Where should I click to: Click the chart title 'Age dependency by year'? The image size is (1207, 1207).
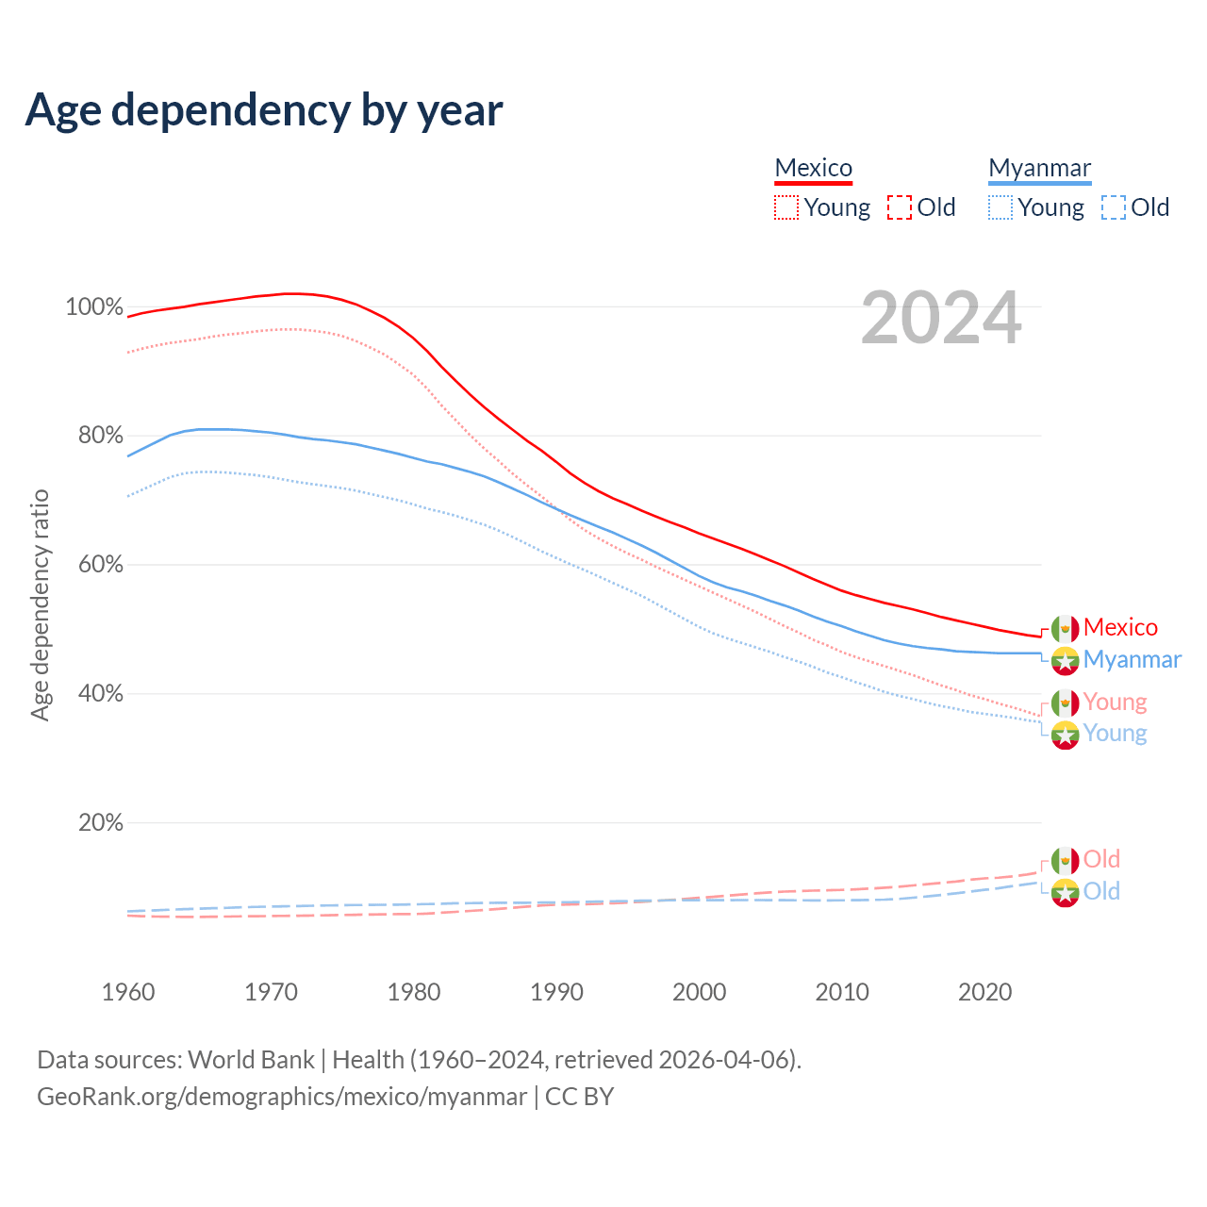(x=264, y=110)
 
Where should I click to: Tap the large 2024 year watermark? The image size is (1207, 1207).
(x=941, y=319)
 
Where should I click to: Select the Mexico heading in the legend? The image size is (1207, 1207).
(x=813, y=168)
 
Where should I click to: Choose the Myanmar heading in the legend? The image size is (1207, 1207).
(x=1039, y=168)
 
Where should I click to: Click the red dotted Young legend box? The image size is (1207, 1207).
(x=786, y=207)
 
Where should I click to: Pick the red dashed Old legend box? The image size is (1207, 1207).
(x=900, y=207)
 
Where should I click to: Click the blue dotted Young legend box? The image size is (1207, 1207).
(x=1000, y=207)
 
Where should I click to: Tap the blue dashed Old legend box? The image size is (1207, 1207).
(x=1114, y=207)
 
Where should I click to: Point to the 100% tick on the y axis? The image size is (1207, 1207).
(x=94, y=307)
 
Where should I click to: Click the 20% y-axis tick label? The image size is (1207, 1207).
(x=100, y=823)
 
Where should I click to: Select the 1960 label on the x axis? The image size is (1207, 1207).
(x=128, y=992)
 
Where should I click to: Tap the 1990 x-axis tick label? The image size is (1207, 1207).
(x=556, y=992)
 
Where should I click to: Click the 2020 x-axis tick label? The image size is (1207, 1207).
(x=984, y=992)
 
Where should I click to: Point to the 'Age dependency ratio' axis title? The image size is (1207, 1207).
(x=40, y=604)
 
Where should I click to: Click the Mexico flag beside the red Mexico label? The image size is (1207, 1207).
(x=1066, y=628)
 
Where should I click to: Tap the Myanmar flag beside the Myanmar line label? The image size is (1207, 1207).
(x=1066, y=660)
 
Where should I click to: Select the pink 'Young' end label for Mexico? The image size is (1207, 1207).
(x=1115, y=702)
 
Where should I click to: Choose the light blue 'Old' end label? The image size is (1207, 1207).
(x=1101, y=891)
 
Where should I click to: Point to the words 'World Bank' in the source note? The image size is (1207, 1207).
(x=251, y=1060)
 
